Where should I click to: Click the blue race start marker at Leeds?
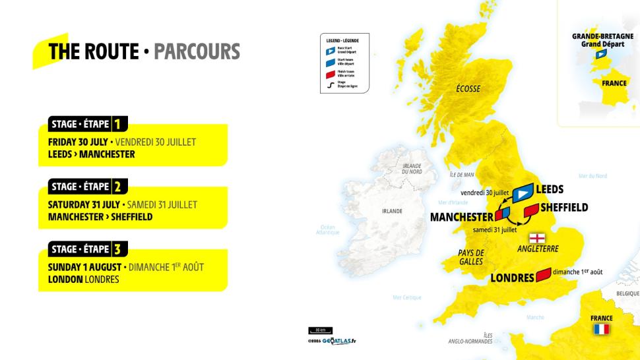click(x=523, y=193)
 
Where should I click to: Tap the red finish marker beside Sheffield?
click(x=531, y=210)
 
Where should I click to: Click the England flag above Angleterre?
click(x=538, y=238)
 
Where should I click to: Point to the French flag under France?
click(x=601, y=329)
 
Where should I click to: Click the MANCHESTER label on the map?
click(x=461, y=217)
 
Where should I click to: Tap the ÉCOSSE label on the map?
click(x=468, y=88)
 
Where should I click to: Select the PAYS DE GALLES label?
click(x=471, y=257)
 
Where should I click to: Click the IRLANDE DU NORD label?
click(x=412, y=169)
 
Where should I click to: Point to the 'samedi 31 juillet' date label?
click(x=495, y=230)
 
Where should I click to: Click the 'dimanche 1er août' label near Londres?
click(x=577, y=272)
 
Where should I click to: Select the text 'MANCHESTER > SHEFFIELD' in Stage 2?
click(x=100, y=217)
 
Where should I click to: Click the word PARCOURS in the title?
click(x=197, y=51)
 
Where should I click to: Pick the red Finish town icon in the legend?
click(x=331, y=74)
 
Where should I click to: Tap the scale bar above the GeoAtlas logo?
click(x=320, y=330)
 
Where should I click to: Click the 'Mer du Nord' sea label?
click(x=592, y=176)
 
